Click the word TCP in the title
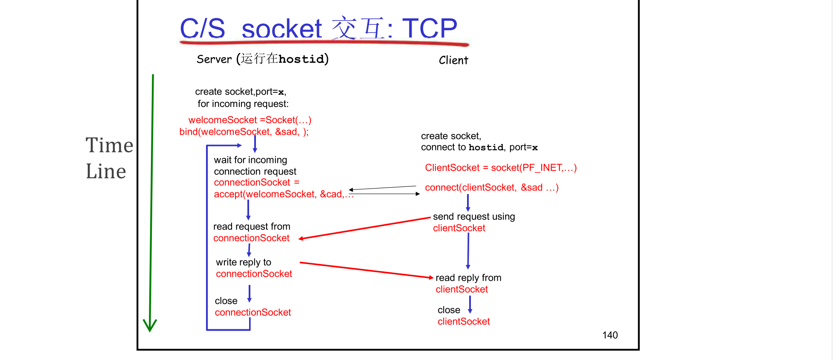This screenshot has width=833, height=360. [429, 29]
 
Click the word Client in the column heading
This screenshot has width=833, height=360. [453, 61]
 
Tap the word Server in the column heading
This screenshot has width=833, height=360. [214, 59]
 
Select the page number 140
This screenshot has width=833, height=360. [610, 335]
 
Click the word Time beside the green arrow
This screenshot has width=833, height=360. [109, 145]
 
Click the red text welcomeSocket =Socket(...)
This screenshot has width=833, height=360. [250, 120]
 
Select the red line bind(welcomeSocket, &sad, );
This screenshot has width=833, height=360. [244, 132]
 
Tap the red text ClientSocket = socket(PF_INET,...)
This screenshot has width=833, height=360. [501, 168]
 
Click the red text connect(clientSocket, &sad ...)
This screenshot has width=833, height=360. [492, 188]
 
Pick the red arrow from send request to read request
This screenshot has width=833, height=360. [365, 228]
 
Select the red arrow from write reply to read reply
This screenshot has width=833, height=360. [367, 270]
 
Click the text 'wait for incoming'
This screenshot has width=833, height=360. [250, 160]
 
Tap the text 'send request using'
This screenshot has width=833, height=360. [474, 217]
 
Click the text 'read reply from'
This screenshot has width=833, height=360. [468, 278]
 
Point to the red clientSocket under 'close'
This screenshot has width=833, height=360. [464, 322]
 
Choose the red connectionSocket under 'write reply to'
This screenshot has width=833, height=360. [254, 274]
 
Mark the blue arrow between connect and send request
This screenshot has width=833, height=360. [468, 203]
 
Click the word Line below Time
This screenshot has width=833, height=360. [106, 171]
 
